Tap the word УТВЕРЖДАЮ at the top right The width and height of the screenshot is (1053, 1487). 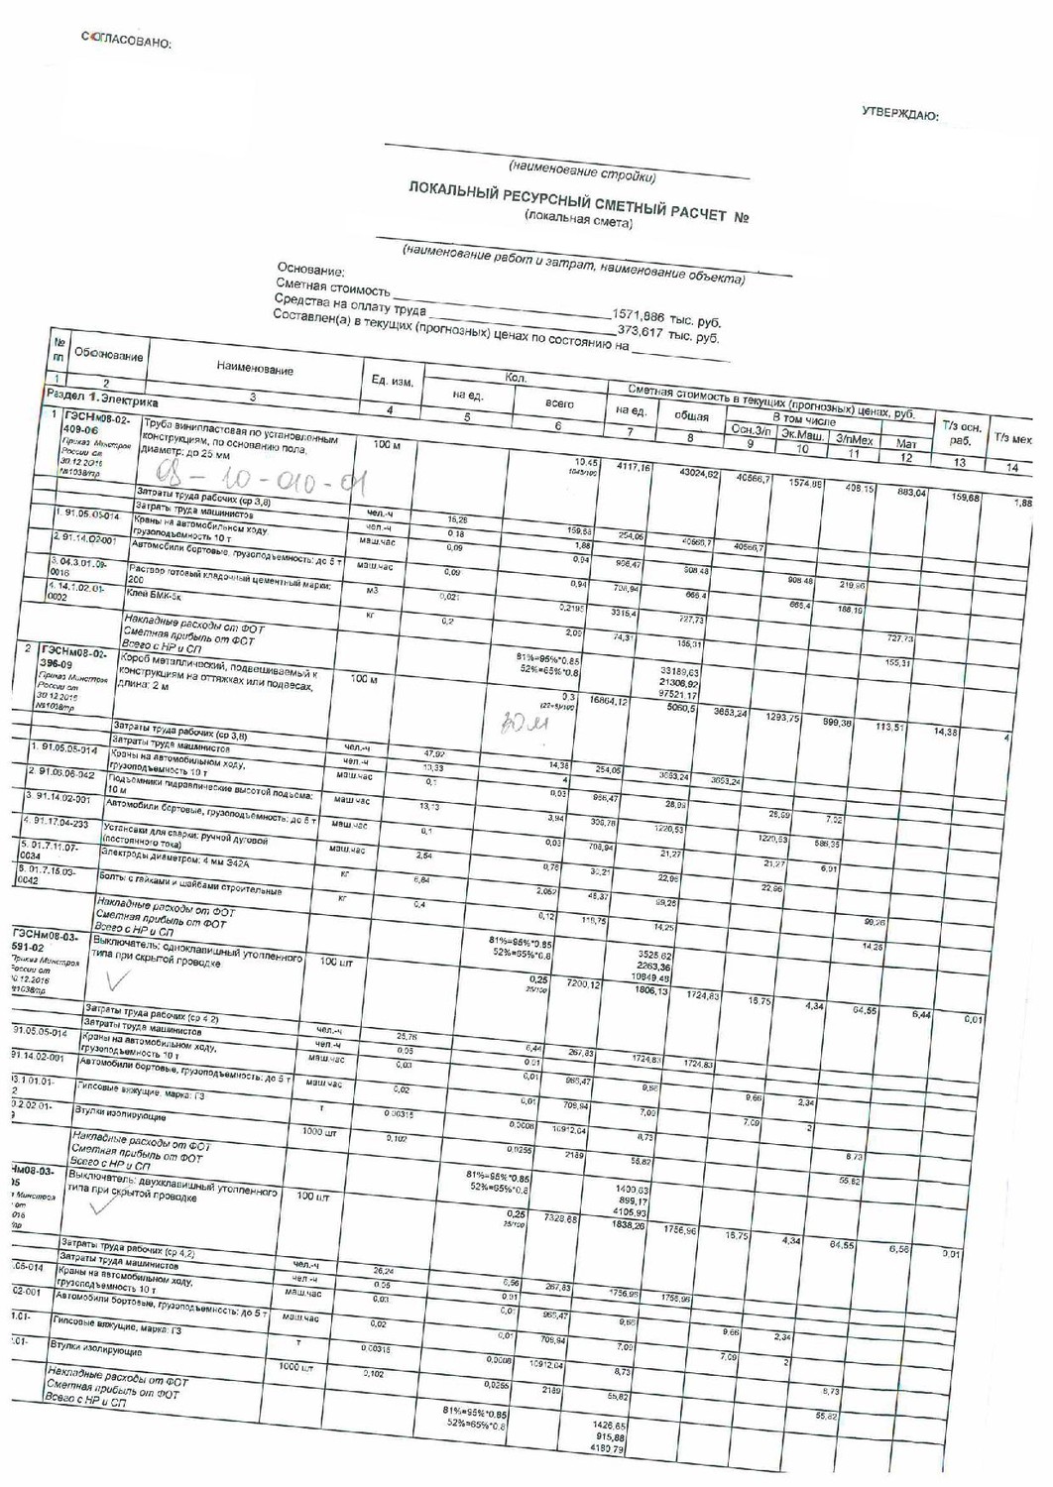click(900, 116)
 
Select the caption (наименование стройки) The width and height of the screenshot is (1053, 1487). click(582, 170)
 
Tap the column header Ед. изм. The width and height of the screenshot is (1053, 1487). click(392, 382)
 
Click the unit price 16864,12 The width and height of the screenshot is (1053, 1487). click(609, 700)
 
